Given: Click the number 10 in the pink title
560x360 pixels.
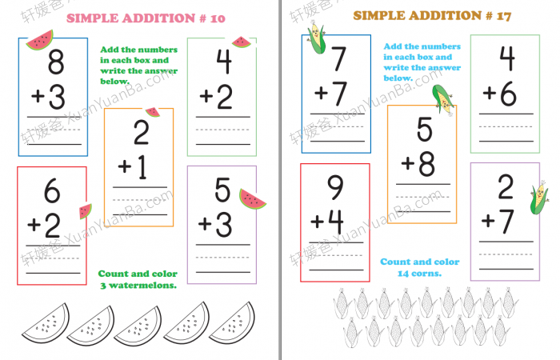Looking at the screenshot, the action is [x=218, y=18].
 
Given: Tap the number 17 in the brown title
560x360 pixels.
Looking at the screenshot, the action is [x=503, y=16].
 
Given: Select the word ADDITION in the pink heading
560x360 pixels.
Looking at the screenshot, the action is [x=158, y=18].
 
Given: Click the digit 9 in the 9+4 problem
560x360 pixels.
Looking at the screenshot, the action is [x=335, y=187].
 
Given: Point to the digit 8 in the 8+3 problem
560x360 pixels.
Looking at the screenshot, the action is [x=56, y=62].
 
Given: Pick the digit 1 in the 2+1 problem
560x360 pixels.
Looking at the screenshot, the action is [x=142, y=166].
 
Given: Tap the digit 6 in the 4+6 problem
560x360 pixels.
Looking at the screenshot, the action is [x=508, y=94].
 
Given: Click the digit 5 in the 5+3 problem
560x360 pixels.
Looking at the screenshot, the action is [x=222, y=190].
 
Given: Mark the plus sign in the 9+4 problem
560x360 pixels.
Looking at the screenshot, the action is [x=317, y=222].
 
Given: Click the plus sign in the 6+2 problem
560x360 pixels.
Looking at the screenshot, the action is [x=34, y=225].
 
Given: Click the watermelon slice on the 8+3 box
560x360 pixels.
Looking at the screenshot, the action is [x=40, y=40].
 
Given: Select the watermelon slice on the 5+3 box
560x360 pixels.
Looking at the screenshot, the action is [x=251, y=199].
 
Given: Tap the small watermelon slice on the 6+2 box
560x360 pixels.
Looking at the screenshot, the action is [x=85, y=211].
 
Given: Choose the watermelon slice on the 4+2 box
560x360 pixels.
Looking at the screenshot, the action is [x=242, y=42].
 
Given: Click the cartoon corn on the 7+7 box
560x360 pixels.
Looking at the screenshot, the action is [x=317, y=38].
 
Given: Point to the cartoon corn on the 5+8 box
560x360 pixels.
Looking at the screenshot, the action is [x=443, y=100].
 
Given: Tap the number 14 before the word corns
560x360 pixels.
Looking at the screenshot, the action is [x=403, y=274].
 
